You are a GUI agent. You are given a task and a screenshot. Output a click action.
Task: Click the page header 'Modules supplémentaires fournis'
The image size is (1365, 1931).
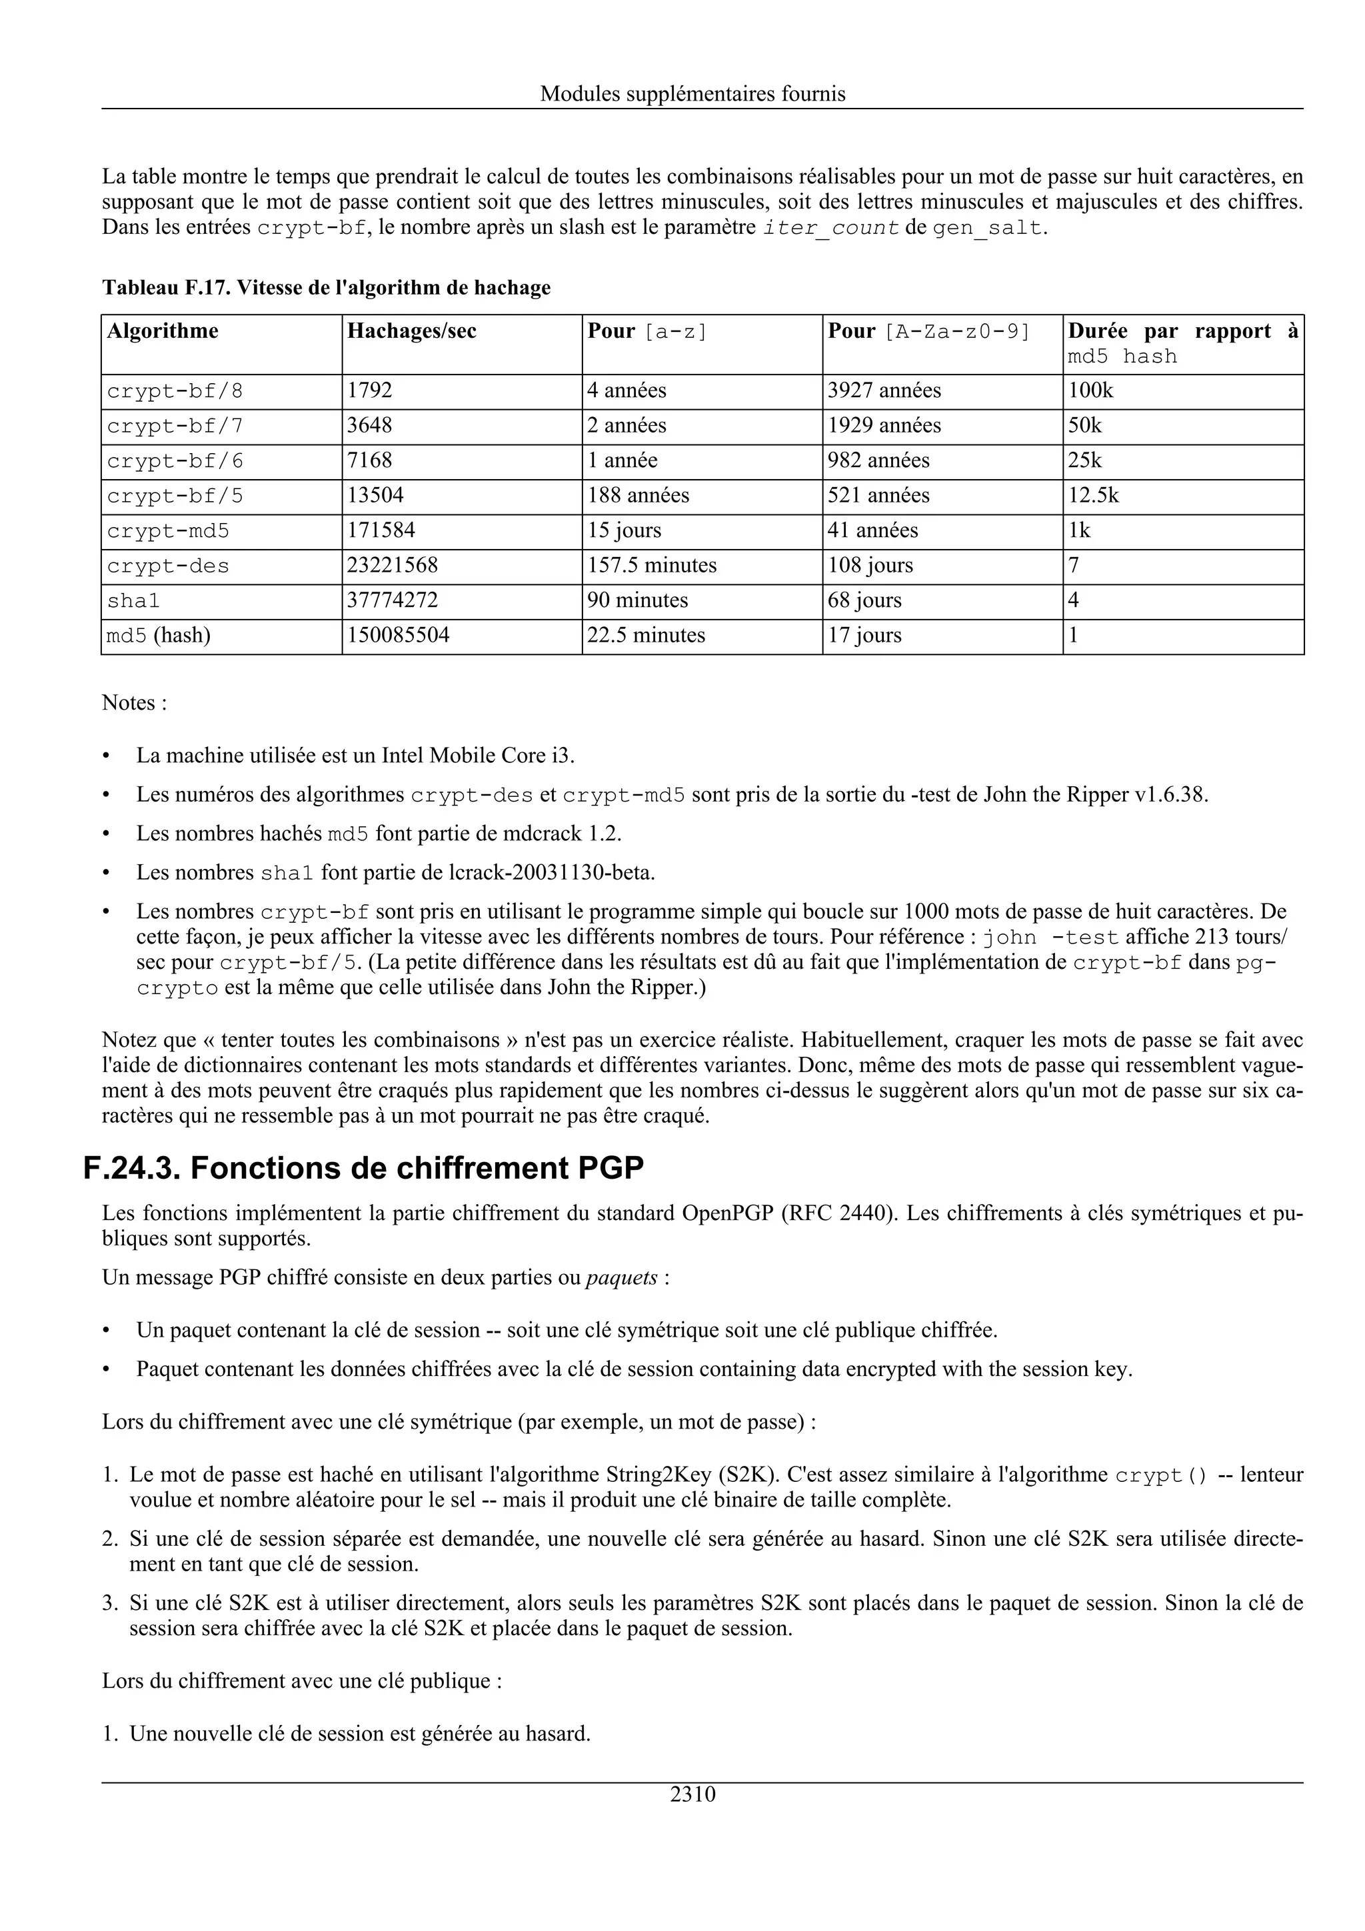[x=692, y=93]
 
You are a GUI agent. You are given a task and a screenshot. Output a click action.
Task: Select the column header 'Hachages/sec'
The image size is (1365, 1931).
[x=411, y=330]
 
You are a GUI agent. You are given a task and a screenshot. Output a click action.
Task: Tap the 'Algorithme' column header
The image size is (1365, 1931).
[x=163, y=330]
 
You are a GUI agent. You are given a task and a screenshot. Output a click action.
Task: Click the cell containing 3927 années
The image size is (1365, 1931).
[x=884, y=390]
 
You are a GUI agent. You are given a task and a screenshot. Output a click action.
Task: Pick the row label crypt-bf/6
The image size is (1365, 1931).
[x=175, y=461]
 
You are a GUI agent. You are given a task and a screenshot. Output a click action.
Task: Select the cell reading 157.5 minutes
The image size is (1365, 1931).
[x=652, y=565]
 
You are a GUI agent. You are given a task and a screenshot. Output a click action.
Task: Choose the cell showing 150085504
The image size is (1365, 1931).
[x=398, y=635]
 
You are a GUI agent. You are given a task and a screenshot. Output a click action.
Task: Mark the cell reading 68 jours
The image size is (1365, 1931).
[x=864, y=600]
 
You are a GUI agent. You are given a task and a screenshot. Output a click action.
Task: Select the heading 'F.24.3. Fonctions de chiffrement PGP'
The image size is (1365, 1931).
[x=363, y=1168]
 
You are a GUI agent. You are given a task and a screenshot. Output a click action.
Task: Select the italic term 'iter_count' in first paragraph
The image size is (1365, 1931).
[x=830, y=228]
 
